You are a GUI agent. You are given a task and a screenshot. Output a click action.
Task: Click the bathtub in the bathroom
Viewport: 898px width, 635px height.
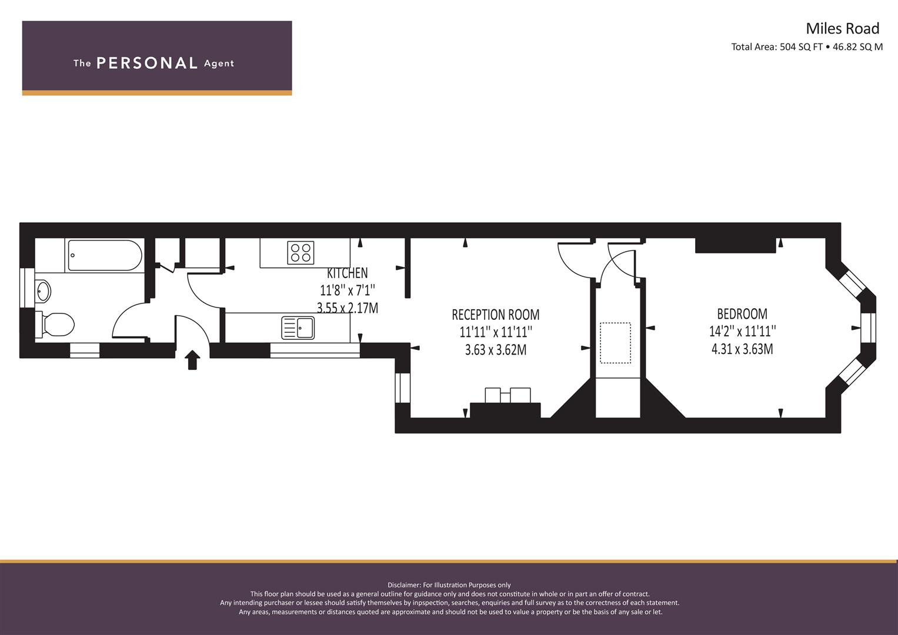click(x=105, y=255)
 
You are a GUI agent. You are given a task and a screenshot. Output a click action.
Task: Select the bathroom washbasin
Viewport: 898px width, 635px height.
click(x=43, y=292)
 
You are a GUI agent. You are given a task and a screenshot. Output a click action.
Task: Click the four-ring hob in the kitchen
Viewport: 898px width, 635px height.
click(x=301, y=253)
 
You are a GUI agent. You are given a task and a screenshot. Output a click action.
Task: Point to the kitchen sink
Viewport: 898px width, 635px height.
click(x=298, y=327)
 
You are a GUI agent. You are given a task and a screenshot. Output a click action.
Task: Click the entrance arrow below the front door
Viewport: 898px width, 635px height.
click(x=192, y=360)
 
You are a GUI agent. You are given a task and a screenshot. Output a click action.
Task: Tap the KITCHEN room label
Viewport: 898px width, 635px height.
click(x=347, y=273)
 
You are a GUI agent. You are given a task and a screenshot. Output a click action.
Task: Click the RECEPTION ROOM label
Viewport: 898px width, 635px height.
click(x=496, y=315)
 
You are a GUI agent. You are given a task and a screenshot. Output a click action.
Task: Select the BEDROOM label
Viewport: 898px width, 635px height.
click(x=742, y=313)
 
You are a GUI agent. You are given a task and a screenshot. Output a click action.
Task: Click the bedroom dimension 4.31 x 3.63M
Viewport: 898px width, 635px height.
click(x=742, y=349)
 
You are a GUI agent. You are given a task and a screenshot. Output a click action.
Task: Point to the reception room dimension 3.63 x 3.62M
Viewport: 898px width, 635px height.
click(x=496, y=350)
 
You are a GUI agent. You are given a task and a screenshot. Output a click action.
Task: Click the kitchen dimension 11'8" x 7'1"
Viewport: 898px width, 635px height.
click(x=347, y=290)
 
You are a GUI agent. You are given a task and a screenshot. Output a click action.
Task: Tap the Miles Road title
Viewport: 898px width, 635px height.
click(x=843, y=28)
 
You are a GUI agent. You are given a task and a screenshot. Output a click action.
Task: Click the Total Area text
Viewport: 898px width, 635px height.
click(x=807, y=47)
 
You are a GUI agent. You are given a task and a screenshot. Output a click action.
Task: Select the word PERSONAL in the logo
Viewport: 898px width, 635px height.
click(x=147, y=63)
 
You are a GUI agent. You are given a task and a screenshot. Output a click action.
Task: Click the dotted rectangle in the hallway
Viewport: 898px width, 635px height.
click(x=615, y=343)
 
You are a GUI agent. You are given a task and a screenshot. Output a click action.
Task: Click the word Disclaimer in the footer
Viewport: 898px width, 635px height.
click(x=403, y=585)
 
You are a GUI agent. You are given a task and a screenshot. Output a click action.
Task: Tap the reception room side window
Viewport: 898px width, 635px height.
click(x=402, y=387)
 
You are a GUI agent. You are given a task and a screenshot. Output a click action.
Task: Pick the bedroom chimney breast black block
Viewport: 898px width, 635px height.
click(x=736, y=245)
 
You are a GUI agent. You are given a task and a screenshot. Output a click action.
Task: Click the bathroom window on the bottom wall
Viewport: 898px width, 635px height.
click(x=85, y=350)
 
